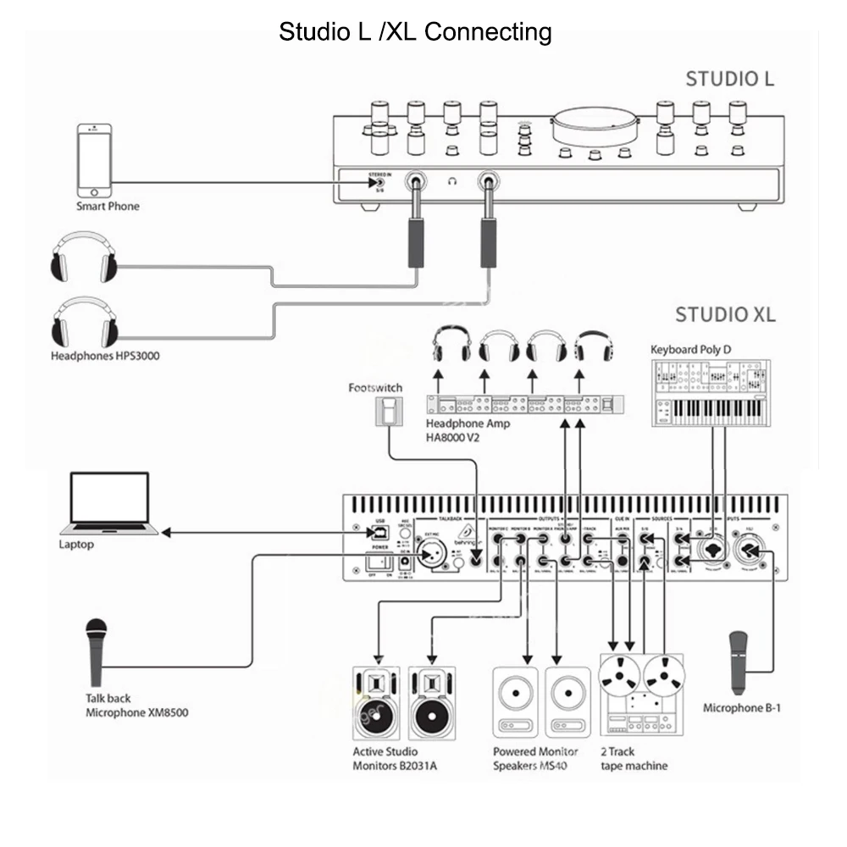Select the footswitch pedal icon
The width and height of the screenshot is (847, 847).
click(389, 412)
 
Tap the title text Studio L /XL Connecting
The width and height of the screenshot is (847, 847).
click(415, 32)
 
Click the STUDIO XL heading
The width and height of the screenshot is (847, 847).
click(724, 315)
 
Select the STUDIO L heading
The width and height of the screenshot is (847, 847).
click(728, 80)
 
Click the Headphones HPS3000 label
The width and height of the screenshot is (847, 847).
click(104, 356)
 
